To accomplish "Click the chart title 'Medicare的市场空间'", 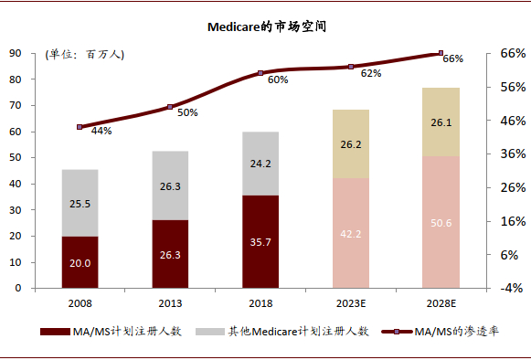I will [x=266, y=27].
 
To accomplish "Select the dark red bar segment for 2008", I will [x=80, y=262].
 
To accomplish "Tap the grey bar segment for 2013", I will [x=170, y=185].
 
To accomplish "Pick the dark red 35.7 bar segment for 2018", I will [x=260, y=242].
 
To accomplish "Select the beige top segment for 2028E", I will [x=441, y=122].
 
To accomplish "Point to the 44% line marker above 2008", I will [x=80, y=127].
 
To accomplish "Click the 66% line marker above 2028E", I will [x=441, y=53].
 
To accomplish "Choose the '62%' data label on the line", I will [x=370, y=73].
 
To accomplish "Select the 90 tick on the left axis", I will [x=16, y=53].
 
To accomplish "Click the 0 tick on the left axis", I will [x=18, y=288].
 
